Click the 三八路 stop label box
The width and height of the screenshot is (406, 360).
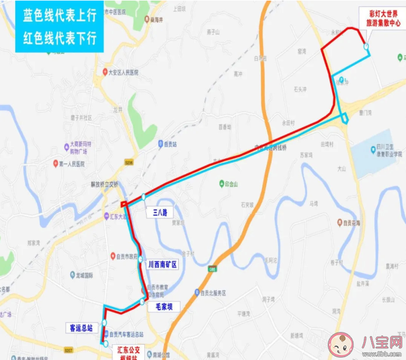point(160,213)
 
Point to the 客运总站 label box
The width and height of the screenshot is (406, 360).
point(80,328)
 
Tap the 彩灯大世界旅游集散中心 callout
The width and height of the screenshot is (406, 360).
point(383,18)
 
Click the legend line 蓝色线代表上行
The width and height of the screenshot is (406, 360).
point(60,16)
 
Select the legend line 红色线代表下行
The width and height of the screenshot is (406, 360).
point(60,38)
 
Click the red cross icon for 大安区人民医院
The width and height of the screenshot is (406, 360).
point(104,73)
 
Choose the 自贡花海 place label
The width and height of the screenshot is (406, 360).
point(353,222)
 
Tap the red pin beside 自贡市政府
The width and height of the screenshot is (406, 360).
point(113,255)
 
